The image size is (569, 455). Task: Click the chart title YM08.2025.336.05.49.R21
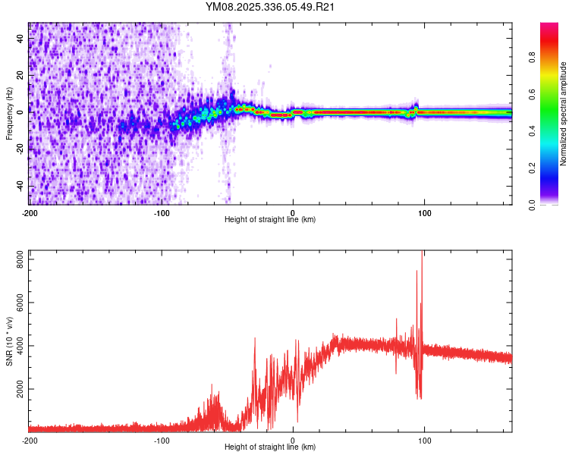(x=270, y=7)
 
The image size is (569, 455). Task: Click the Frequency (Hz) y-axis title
(x=9, y=114)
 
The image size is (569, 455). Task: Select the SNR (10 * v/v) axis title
(x=9, y=341)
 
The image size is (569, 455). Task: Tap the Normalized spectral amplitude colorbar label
(x=564, y=114)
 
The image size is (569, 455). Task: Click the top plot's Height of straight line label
(x=270, y=219)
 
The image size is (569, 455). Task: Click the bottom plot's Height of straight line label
(x=270, y=447)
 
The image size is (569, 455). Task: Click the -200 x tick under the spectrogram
(x=30, y=212)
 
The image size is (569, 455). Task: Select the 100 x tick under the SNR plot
(x=425, y=440)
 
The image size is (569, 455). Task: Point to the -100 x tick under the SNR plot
(x=162, y=440)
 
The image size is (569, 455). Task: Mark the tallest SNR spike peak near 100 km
(x=422, y=253)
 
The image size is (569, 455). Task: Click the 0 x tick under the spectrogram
(x=294, y=212)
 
